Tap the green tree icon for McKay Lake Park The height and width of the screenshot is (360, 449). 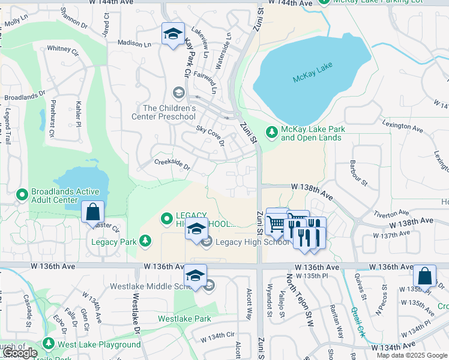(x=272, y=131)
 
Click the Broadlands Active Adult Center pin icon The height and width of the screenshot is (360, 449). (x=22, y=194)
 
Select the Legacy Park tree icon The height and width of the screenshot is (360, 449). (x=145, y=241)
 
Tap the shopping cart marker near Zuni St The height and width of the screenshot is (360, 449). (x=276, y=223)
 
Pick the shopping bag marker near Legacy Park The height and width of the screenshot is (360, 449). (x=92, y=212)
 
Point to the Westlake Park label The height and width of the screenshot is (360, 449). (x=184, y=319)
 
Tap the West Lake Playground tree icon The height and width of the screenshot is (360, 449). (x=48, y=344)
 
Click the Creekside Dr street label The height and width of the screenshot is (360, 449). (x=172, y=164)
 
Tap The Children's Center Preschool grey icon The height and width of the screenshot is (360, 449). (x=178, y=92)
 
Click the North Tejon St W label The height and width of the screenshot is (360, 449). (x=300, y=300)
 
